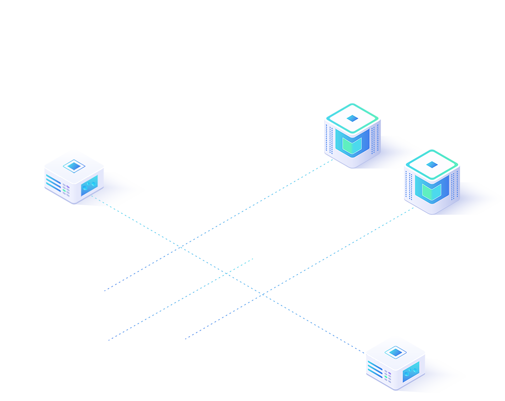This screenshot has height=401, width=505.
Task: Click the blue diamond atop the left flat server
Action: click(x=74, y=165)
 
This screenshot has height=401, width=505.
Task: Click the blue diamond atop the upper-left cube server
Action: click(x=352, y=118)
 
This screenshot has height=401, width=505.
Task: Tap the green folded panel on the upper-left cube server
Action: click(x=351, y=145)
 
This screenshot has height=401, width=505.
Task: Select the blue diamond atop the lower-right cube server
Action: click(x=432, y=164)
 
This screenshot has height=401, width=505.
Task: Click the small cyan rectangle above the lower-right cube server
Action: click(x=433, y=146)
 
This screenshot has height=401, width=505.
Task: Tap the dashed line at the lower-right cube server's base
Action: click(x=410, y=208)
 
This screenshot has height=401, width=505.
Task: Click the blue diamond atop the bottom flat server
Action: click(x=395, y=352)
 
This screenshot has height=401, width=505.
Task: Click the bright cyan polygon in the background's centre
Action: click(x=252, y=253)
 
